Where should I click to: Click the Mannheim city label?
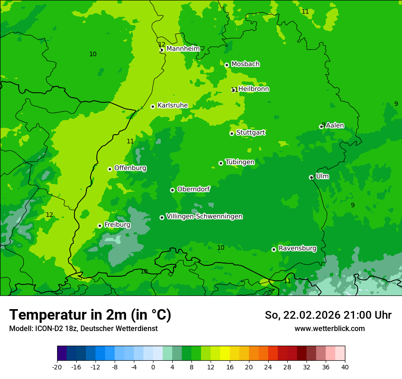pos(183,49)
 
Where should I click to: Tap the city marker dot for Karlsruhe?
pos(153,106)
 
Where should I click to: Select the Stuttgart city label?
pos(250,132)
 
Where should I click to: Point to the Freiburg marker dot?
pos(100,226)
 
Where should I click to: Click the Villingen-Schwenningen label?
pos(204,216)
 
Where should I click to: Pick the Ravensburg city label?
pos(297,248)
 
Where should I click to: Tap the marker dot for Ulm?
pos(311,177)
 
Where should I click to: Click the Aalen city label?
pos(335,126)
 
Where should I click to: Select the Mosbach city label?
pos(245,64)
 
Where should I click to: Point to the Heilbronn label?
pos(254,89)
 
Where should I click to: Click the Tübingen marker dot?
pos(221,163)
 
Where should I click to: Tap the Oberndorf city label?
pos(194,189)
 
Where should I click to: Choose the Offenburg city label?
pos(130,168)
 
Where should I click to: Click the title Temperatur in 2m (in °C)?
pos(90,315)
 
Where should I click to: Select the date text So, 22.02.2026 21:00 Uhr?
pos(328,315)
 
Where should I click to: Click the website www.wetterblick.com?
pos(329,328)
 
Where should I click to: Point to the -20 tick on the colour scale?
pos(57,367)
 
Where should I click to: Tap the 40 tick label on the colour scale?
pos(345,367)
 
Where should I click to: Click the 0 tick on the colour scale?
pos(153,367)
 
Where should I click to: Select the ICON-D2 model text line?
pos(83,328)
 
